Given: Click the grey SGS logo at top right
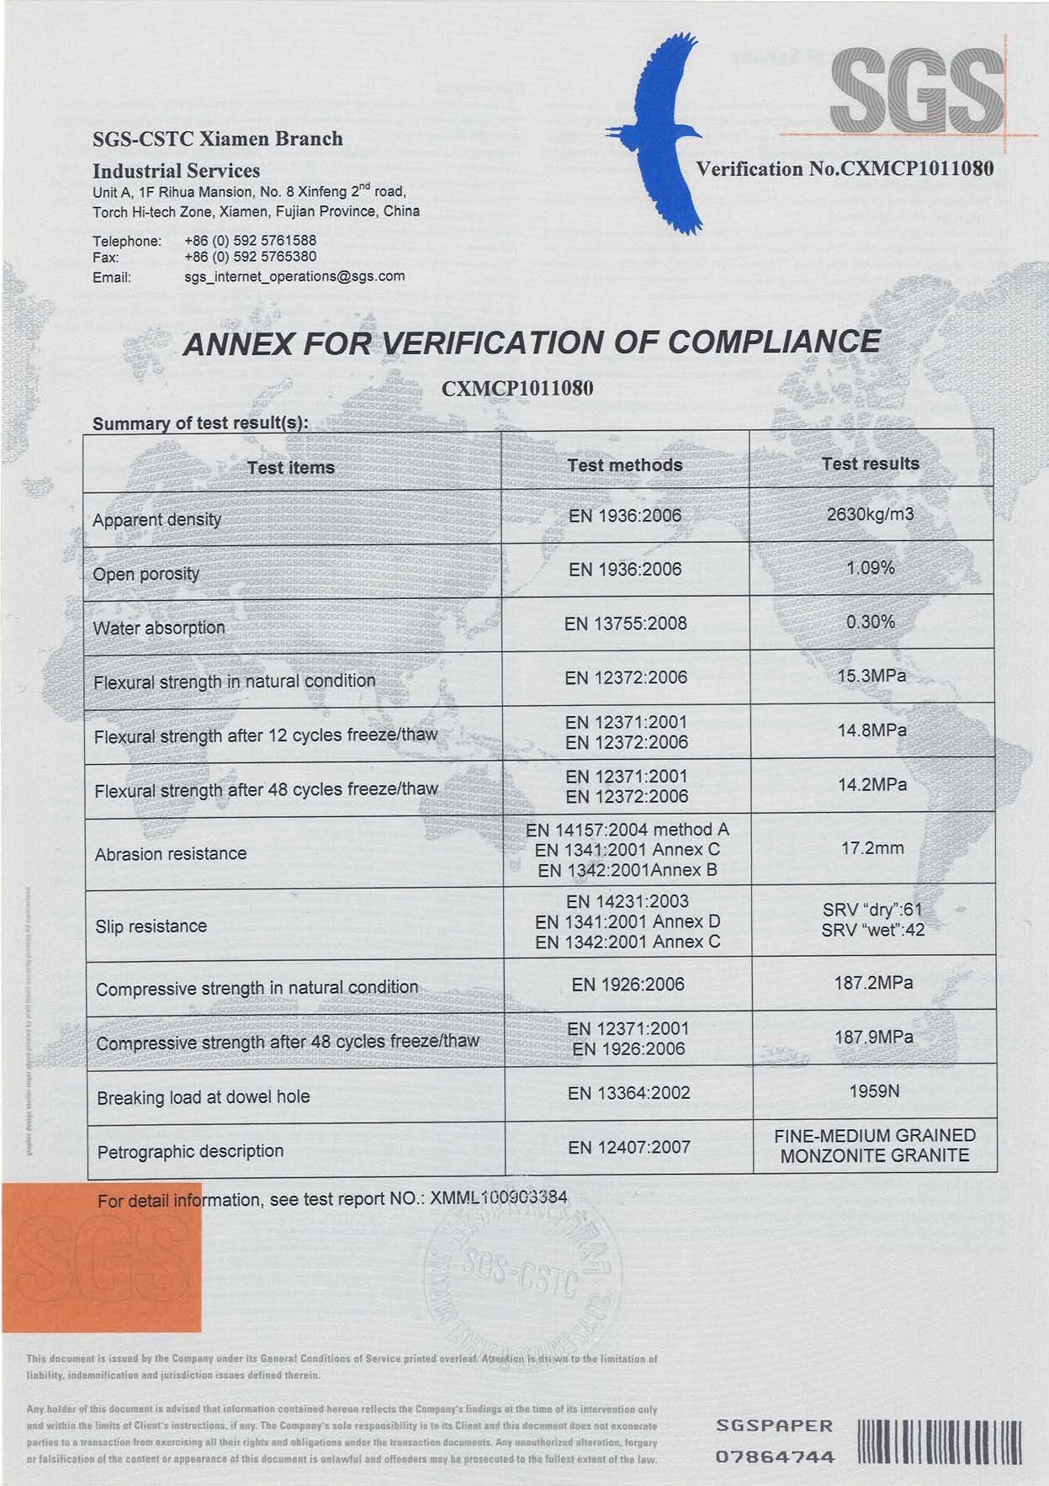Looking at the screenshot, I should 916,88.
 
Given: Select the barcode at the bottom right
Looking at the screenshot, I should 939,1443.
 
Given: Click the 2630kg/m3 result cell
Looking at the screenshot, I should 870,514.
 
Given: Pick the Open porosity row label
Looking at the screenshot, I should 146,574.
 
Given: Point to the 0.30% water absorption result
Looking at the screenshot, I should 871,622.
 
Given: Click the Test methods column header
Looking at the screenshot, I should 624,465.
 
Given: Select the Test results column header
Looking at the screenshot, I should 870,464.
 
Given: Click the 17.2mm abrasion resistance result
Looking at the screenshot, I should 872,848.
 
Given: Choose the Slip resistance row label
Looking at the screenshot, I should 151,926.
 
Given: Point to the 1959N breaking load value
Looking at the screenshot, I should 874,1091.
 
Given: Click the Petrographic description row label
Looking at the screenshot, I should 190,1151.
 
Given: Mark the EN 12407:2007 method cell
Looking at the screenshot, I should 628,1147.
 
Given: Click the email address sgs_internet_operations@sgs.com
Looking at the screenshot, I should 294,276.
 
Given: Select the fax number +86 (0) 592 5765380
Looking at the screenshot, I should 250,257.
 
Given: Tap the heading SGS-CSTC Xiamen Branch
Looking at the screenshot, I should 218,139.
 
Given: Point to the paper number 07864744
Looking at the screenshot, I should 775,1457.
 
